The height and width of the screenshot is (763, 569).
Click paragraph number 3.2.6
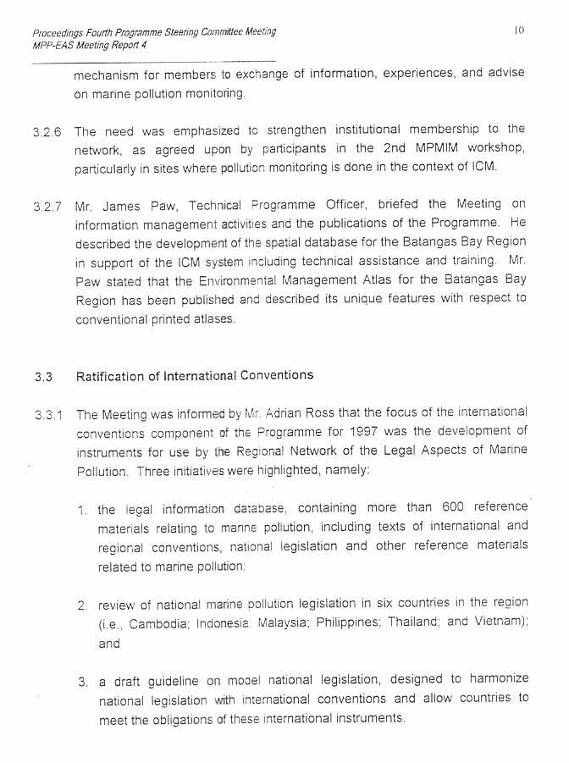tap(47, 133)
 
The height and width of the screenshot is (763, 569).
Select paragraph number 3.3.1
tap(48, 416)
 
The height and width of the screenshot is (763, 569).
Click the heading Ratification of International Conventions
tap(195, 375)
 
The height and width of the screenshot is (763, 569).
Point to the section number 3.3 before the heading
tap(43, 377)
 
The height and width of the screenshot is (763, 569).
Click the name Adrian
tap(303, 414)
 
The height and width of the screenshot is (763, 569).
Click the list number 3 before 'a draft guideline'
tap(81, 682)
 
